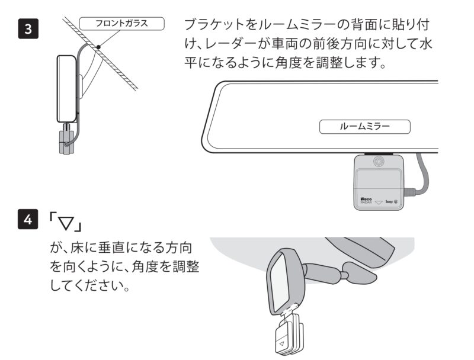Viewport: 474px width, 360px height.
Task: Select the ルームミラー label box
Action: (364, 126)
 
